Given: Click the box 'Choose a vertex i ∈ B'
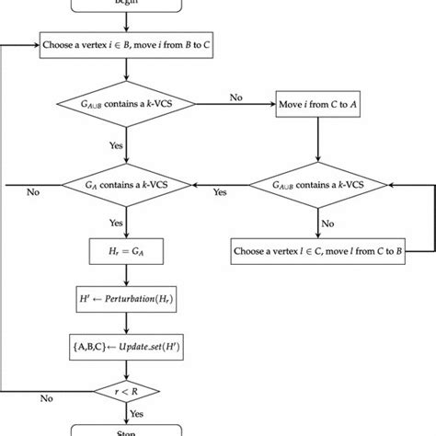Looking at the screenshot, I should click(127, 43).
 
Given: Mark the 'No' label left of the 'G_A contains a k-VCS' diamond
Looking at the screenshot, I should click(34, 193).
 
